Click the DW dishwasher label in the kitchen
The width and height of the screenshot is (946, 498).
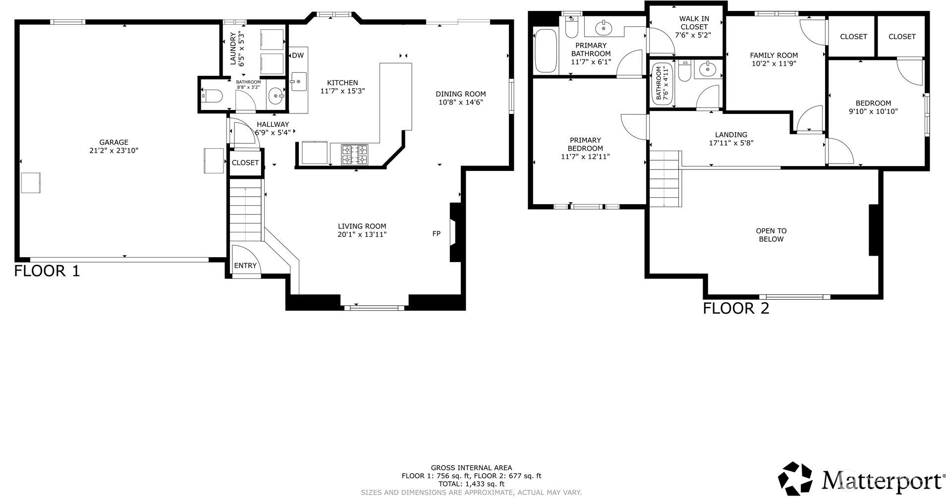[x=297, y=55]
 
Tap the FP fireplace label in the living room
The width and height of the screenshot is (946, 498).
[x=436, y=233]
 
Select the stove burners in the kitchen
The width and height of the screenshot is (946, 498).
[x=355, y=154]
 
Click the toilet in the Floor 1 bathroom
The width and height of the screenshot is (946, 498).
[x=212, y=96]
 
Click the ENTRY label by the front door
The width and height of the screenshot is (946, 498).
[x=245, y=266]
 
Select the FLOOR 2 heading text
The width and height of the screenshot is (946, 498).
[x=735, y=308]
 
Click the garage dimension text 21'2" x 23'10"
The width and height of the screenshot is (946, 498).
[x=113, y=151]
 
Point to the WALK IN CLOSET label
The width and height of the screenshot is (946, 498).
[x=694, y=23]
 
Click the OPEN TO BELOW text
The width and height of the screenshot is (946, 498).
[x=771, y=235]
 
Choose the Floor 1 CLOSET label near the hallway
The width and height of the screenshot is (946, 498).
[x=245, y=163]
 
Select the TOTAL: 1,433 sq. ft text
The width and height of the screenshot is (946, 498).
[x=471, y=484]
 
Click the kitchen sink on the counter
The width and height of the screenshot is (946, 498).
[x=299, y=81]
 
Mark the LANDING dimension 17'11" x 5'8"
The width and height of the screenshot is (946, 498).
[x=731, y=143]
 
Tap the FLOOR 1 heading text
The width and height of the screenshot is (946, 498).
[x=47, y=271]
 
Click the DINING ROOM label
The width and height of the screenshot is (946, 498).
[x=460, y=94]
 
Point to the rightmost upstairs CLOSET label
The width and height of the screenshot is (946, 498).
[x=901, y=37]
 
